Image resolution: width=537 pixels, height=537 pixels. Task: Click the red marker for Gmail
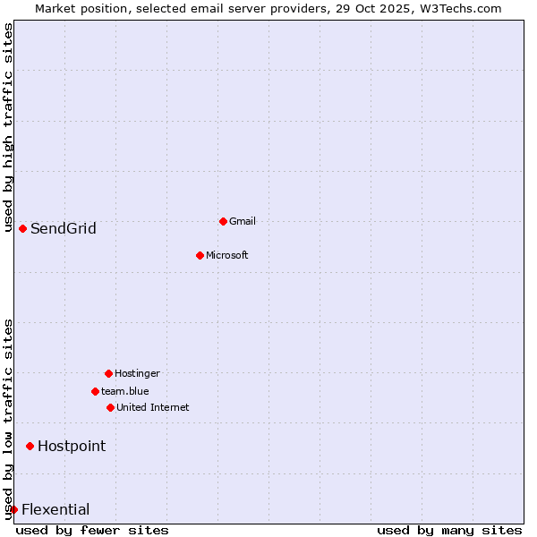223,221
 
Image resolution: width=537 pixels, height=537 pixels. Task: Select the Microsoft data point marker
200,255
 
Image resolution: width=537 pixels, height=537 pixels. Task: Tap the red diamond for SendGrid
22,228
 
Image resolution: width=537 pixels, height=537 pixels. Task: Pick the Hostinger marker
108,373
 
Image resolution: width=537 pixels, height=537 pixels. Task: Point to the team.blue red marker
95,391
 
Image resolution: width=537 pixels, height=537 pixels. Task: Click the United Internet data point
110,407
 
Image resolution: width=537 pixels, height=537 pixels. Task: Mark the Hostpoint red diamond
30,446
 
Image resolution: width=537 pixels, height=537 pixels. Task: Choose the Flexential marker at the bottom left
13,509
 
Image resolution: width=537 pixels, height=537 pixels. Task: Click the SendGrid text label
64,228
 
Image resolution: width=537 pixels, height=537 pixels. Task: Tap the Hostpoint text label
72,446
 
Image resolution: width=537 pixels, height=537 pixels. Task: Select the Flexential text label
55,509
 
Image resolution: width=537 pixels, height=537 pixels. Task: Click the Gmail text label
243,221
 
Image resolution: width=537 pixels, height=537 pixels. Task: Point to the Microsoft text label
227,255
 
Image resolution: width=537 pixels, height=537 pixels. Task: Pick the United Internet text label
153,407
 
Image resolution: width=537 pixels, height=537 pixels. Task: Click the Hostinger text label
138,373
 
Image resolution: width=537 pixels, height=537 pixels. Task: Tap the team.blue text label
125,391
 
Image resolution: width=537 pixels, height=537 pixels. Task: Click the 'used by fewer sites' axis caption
92,530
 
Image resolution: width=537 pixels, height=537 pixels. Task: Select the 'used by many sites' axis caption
449,530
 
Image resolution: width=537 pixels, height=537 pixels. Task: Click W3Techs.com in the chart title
461,8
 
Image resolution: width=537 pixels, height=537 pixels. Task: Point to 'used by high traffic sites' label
8,127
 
